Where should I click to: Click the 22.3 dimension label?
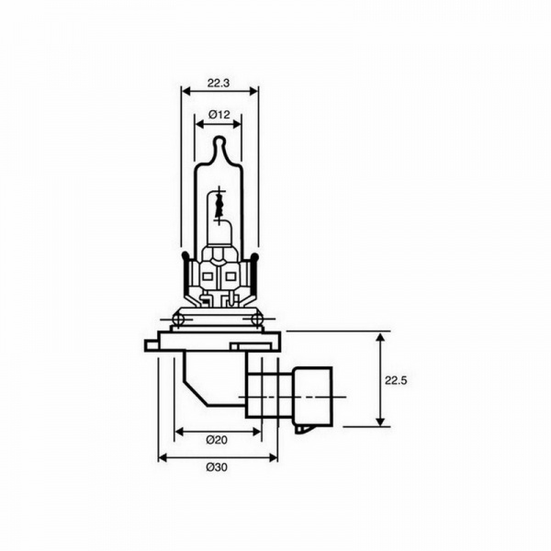pyautogui.click(x=219, y=84)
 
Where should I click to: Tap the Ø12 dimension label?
pyautogui.click(x=219, y=114)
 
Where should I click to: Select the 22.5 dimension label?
pyautogui.click(x=396, y=380)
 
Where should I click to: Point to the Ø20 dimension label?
pyautogui.click(x=217, y=440)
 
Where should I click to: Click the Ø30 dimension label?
pyautogui.click(x=217, y=467)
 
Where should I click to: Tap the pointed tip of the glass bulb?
pyautogui.click(x=219, y=137)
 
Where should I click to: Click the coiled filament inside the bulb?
pyautogui.click(x=219, y=207)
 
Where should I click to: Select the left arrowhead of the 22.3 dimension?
pyautogui.click(x=186, y=91)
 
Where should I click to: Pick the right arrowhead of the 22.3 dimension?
pyautogui.click(x=253, y=91)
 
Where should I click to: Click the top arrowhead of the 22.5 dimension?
pyautogui.click(x=380, y=337)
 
